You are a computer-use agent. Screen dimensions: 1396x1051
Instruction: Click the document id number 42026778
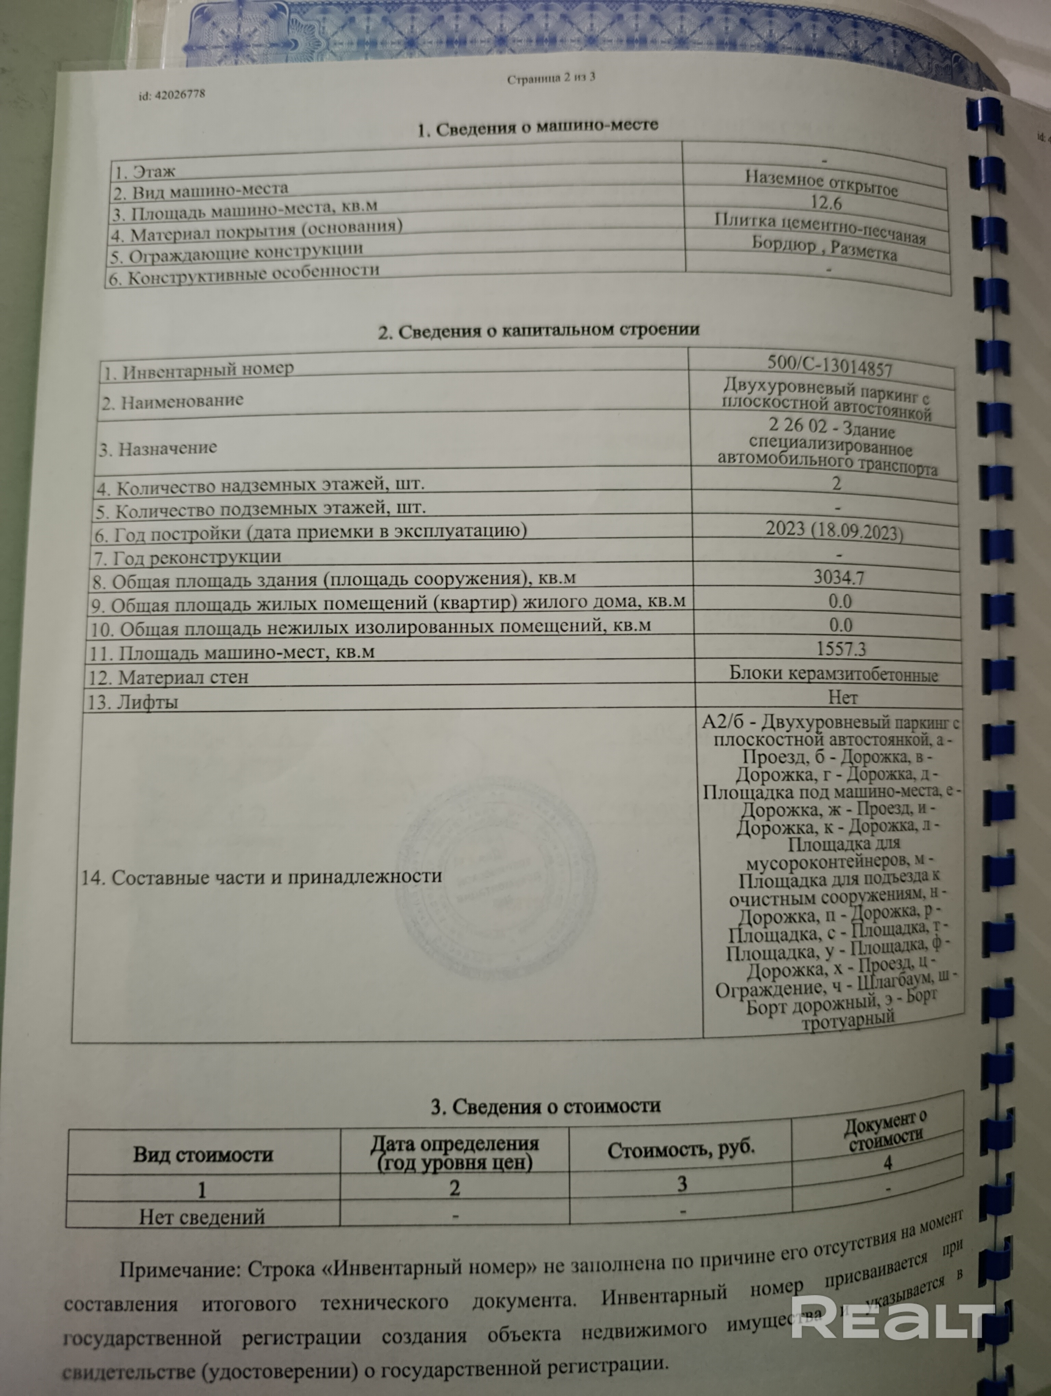[172, 95]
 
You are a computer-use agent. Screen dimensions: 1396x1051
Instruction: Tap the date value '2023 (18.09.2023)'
[834, 530]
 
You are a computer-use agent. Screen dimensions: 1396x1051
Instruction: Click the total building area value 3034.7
[839, 577]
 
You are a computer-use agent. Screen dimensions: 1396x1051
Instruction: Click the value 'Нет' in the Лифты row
[842, 697]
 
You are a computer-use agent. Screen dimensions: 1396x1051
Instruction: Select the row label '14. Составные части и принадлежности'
[261, 877]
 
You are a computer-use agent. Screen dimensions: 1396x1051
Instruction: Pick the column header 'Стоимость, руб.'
[681, 1150]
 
